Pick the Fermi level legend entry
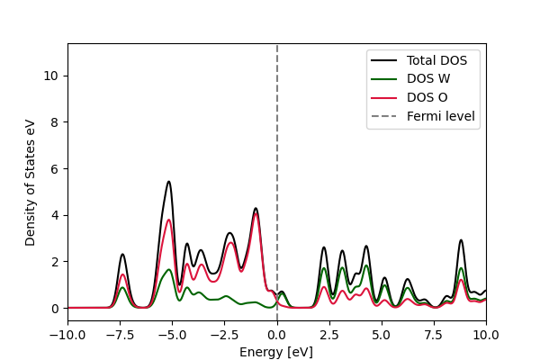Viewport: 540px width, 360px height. click(x=441, y=116)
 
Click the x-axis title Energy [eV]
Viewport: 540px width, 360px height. click(x=276, y=352)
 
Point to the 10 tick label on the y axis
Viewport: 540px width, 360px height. click(x=53, y=76)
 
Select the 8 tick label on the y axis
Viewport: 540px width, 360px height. click(x=56, y=122)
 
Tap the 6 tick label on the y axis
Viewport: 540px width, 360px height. click(x=56, y=168)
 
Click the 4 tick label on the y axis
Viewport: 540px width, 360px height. click(x=56, y=215)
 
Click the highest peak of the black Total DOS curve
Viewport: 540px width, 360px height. click(x=168, y=182)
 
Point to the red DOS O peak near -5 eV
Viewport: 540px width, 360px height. click(x=168, y=220)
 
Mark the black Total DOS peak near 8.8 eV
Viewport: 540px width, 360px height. click(x=461, y=240)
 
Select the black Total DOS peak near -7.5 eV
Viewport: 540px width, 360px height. click(x=122, y=255)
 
